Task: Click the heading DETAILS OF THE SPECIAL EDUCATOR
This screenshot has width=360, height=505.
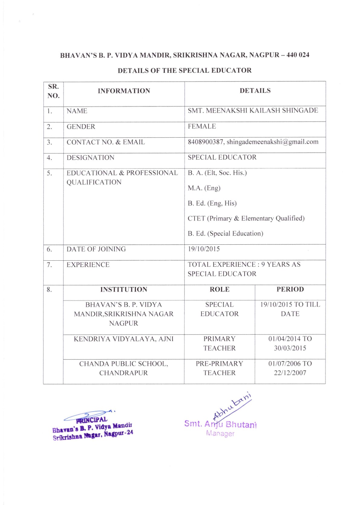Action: click(x=185, y=70)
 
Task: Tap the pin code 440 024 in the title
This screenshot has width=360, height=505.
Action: click(x=298, y=55)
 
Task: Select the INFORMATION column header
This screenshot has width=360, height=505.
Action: click(x=124, y=91)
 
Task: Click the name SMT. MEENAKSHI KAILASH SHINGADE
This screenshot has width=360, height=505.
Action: click(x=253, y=110)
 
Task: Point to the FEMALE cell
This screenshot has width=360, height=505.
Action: click(x=202, y=126)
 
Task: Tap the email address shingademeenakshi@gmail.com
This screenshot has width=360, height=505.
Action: click(x=272, y=142)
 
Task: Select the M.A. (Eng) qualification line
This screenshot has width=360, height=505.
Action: click(x=204, y=188)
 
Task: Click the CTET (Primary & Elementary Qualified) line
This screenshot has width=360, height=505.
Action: click(x=246, y=218)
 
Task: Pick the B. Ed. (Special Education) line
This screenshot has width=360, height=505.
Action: click(x=225, y=233)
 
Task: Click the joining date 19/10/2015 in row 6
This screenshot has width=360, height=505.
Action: click(x=204, y=249)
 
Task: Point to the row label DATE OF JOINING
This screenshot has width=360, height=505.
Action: click(x=96, y=249)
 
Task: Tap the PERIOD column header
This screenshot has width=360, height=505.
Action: click(x=290, y=289)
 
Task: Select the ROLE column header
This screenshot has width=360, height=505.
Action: click(x=219, y=289)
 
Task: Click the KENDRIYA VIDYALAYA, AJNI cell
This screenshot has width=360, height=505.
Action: click(x=123, y=339)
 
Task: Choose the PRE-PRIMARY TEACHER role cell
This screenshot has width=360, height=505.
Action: click(x=219, y=368)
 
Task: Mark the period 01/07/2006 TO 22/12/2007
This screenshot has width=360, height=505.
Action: click(x=290, y=368)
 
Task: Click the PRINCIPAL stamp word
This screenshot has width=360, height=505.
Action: click(x=91, y=420)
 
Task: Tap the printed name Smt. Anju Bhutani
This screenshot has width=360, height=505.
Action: click(x=220, y=424)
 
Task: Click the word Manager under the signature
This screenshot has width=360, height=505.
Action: click(x=220, y=433)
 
